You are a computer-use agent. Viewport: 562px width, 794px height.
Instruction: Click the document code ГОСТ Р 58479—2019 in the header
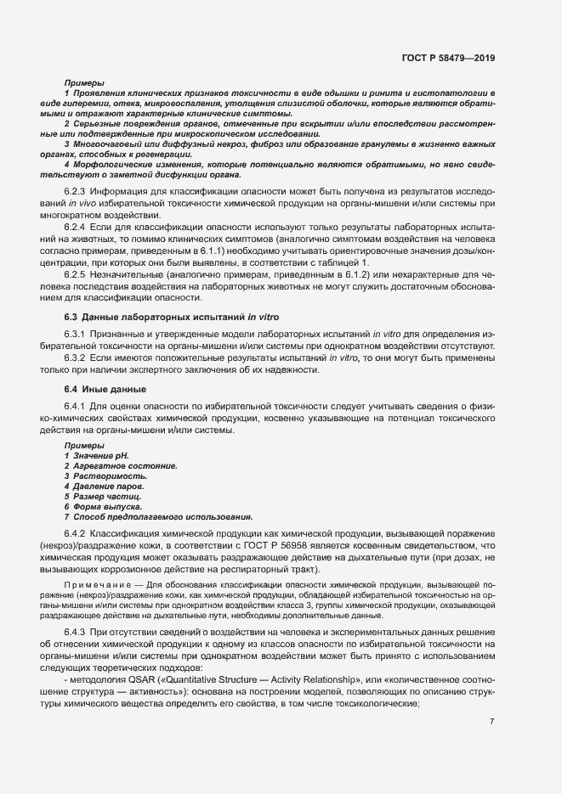tap(448, 59)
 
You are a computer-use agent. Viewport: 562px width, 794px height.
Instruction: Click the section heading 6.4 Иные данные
tap(105, 389)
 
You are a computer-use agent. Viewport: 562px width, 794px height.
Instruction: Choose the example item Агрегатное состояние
tap(124, 467)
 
